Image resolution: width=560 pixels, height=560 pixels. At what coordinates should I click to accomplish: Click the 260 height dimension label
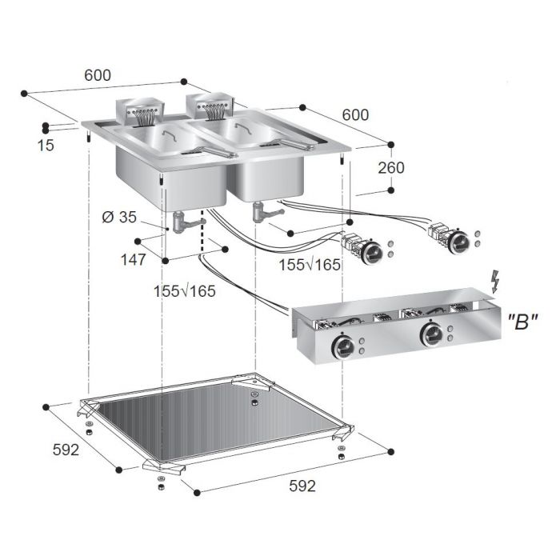(391, 168)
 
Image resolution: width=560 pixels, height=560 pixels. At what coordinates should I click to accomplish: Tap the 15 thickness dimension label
(46, 146)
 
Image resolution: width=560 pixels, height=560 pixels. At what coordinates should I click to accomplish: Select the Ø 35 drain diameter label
(119, 217)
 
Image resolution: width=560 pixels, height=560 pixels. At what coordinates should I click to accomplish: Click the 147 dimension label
(134, 260)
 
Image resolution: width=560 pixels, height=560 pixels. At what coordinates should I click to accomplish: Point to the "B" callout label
(522, 322)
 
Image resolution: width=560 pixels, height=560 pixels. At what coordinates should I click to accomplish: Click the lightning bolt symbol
(495, 282)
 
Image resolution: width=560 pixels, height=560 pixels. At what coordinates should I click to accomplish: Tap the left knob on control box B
(343, 346)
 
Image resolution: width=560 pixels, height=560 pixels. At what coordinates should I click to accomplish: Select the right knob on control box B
(431, 335)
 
